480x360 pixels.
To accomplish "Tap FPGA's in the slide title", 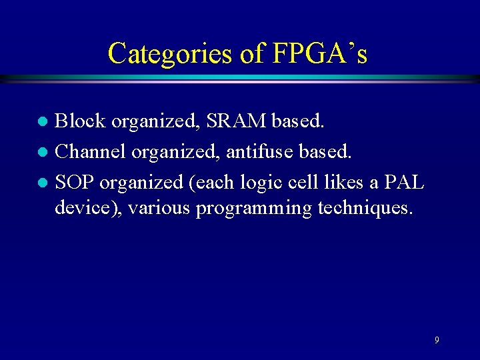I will (320, 53).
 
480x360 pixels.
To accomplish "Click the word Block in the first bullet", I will (80, 121).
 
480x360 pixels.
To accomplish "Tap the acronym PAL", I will (403, 181).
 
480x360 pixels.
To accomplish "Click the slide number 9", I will (437, 340).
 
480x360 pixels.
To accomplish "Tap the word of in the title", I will (252, 53).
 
